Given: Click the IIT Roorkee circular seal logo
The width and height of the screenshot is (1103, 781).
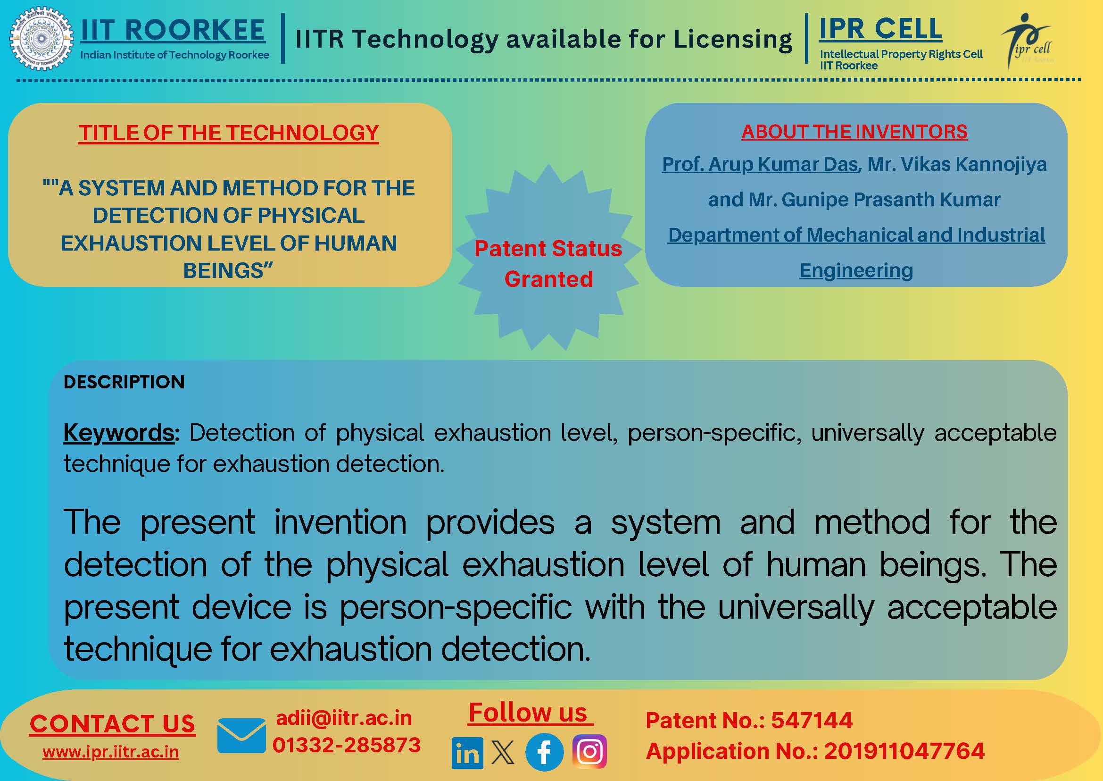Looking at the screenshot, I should pyautogui.click(x=41, y=39).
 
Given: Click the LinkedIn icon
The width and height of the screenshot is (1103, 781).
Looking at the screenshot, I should pyautogui.click(x=467, y=753).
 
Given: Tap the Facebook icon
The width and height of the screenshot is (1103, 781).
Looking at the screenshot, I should pyautogui.click(x=544, y=752).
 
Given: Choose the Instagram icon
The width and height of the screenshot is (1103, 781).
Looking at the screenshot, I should pyautogui.click(x=589, y=751).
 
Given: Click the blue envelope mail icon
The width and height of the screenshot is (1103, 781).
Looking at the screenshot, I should pyautogui.click(x=241, y=735).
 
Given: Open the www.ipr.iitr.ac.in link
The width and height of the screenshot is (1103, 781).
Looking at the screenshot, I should pyautogui.click(x=110, y=752).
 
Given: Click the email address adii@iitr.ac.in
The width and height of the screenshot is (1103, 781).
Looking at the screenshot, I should pyautogui.click(x=344, y=718).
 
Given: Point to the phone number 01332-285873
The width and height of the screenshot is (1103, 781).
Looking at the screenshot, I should pyautogui.click(x=347, y=745).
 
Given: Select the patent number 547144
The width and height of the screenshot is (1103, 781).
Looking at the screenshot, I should pyautogui.click(x=812, y=721).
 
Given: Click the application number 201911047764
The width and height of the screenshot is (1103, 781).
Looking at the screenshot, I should pyautogui.click(x=904, y=751).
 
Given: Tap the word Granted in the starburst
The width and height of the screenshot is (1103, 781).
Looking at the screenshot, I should pyautogui.click(x=548, y=279).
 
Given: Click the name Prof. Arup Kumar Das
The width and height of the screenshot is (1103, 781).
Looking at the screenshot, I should pyautogui.click(x=760, y=165).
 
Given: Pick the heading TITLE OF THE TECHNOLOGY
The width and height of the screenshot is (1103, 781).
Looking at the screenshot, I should pyautogui.click(x=229, y=133).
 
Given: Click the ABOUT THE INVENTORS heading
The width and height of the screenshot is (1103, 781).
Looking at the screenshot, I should pyautogui.click(x=854, y=132).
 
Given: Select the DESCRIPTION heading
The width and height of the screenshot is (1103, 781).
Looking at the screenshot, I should pyautogui.click(x=124, y=382).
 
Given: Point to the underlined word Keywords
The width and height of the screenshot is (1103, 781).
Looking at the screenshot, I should pyautogui.click(x=119, y=432).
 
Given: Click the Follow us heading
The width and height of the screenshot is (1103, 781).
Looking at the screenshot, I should pyautogui.click(x=528, y=712).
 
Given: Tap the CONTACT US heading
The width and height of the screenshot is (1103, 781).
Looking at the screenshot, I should pyautogui.click(x=112, y=724).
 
